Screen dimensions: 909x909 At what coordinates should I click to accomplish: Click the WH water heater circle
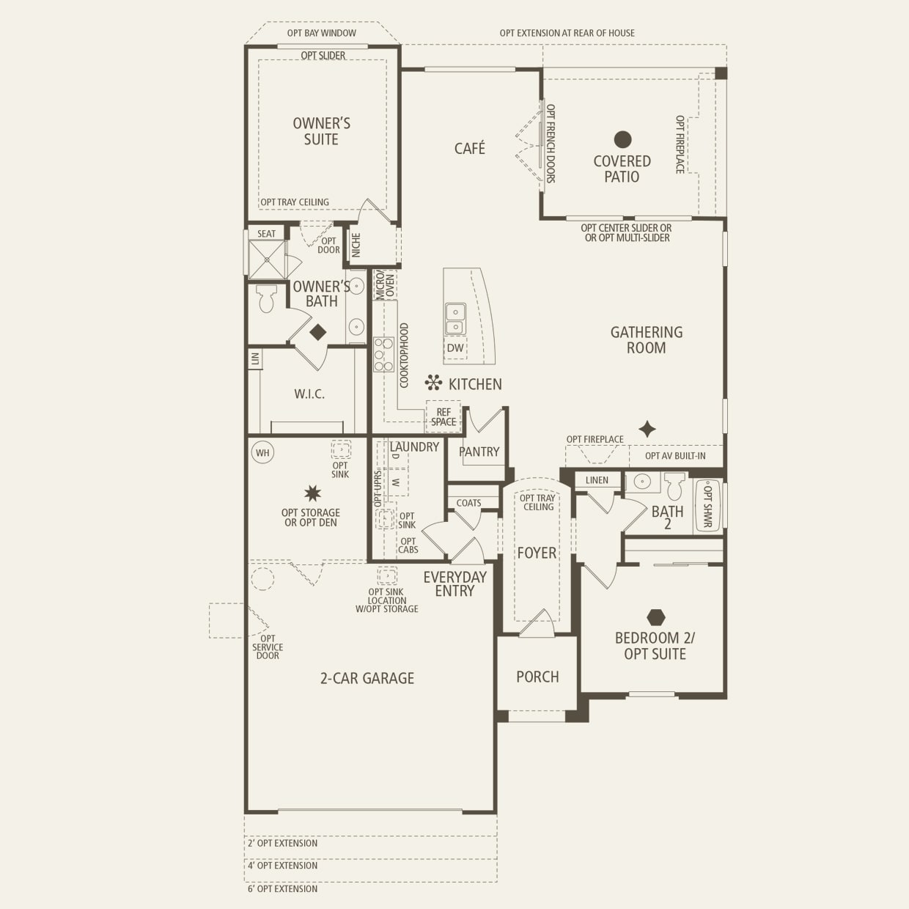[x=262, y=452]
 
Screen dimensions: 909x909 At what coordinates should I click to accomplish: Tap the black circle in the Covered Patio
[x=622, y=139]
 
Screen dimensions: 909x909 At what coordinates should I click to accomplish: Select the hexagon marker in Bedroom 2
[x=655, y=617]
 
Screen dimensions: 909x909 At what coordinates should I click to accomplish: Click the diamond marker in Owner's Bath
[x=317, y=332]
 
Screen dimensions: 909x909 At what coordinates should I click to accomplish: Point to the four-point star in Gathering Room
[x=647, y=429]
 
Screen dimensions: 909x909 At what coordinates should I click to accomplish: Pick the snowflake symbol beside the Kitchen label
[x=433, y=383]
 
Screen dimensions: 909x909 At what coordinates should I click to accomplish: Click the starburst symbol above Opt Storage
[x=312, y=493]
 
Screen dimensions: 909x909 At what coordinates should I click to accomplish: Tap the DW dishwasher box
[x=455, y=347]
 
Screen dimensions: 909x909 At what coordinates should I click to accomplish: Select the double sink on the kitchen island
[x=455, y=319]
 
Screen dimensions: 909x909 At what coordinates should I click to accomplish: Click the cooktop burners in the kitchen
[x=383, y=355]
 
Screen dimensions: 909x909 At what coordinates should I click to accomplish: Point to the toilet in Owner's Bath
[x=266, y=298]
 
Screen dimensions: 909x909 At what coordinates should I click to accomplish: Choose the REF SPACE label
[x=444, y=417]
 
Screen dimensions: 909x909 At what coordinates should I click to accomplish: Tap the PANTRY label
[x=479, y=452]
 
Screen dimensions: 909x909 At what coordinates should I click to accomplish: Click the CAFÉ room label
[x=469, y=149]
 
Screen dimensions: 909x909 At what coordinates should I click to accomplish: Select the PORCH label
[x=537, y=677]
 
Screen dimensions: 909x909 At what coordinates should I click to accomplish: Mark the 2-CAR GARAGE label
[x=367, y=679]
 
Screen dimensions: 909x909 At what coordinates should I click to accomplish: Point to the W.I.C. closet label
[x=309, y=394]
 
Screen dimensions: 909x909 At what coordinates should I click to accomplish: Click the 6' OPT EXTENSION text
[x=282, y=888]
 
